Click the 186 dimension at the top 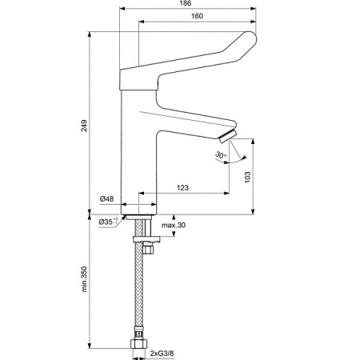pyautogui.click(x=186, y=5)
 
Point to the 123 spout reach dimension pyautogui.click(x=182, y=188)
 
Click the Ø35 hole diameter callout pyautogui.click(x=107, y=221)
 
